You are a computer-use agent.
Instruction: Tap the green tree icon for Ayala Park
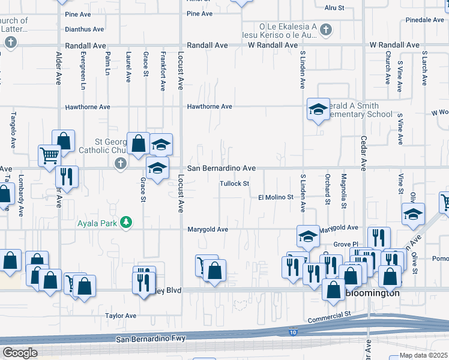point(125,223)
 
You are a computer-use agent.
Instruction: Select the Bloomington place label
point(373,293)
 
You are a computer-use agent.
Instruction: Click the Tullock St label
point(234,184)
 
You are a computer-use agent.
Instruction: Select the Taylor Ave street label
point(121,316)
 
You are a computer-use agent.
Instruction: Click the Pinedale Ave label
point(424,20)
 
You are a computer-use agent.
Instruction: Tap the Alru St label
point(334,8)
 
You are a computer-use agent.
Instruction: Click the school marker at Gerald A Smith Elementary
point(318,109)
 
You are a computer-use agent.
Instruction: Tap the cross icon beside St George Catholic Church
point(120,163)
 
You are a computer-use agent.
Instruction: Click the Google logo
point(20,353)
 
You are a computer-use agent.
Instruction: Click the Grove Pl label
point(346,245)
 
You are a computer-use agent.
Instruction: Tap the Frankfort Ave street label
point(163,71)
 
